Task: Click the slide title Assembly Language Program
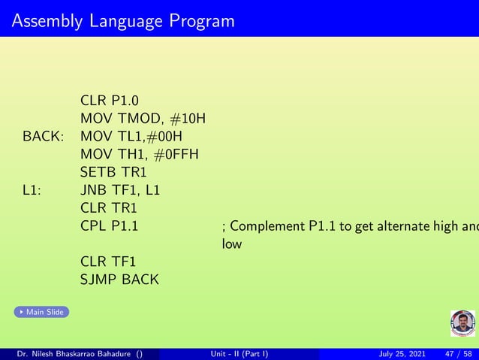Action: coord(123,20)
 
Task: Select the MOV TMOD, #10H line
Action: coord(143,118)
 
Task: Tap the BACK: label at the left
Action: coord(43,136)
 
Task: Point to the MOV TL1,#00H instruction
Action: coord(131,136)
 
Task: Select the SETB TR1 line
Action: coord(113,172)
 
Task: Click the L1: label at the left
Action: coord(32,190)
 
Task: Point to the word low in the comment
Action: coord(231,244)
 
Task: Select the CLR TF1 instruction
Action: coord(107,262)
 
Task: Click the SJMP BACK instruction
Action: coord(119,280)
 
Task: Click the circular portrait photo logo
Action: coord(462,323)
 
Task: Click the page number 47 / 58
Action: coord(459,353)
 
